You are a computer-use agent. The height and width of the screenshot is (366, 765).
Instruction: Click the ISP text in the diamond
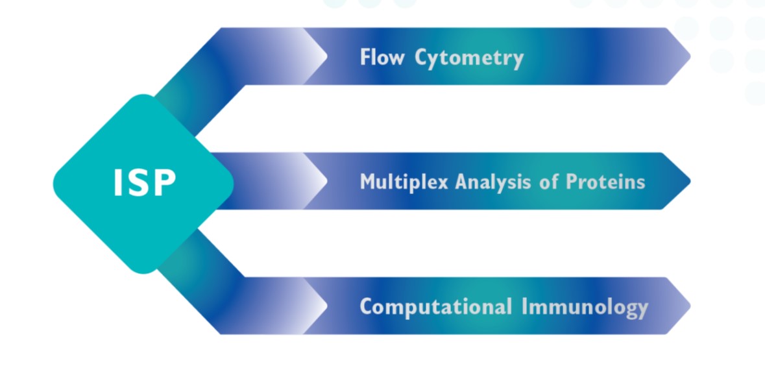pyautogui.click(x=145, y=183)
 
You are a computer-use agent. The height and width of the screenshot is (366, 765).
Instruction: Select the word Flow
pyautogui.click(x=382, y=57)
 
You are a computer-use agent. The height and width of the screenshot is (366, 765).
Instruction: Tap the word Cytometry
pyautogui.click(x=469, y=58)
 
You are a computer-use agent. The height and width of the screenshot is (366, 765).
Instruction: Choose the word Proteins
pyautogui.click(x=605, y=182)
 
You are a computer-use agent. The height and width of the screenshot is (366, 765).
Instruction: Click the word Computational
pyautogui.click(x=435, y=308)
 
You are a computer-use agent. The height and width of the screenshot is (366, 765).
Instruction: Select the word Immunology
pyautogui.click(x=585, y=308)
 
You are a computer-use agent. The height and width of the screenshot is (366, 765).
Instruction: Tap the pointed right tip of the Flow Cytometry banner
pyautogui.click(x=690, y=56)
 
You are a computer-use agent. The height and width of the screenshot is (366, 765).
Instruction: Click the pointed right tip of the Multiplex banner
pyautogui.click(x=690, y=181)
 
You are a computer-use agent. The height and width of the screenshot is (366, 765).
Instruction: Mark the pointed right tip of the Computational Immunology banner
pyautogui.click(x=690, y=306)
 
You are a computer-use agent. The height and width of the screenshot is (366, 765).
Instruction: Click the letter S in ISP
pyautogui.click(x=141, y=183)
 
